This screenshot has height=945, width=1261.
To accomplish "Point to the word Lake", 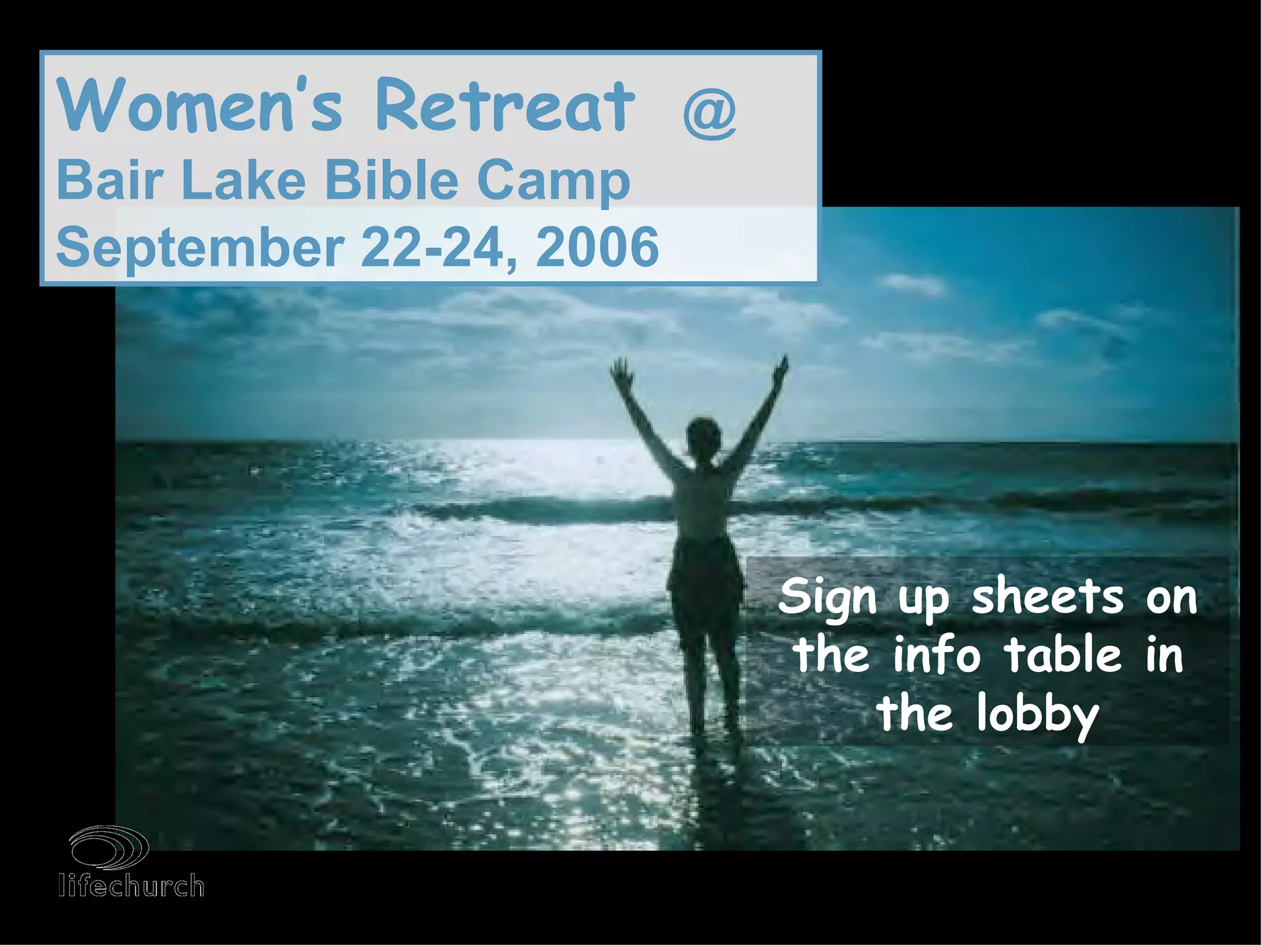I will [x=243, y=180].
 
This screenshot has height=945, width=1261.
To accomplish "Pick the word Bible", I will [x=392, y=180].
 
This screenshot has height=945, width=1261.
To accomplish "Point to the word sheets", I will [x=1047, y=597].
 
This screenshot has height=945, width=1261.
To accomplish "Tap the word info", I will [x=936, y=655].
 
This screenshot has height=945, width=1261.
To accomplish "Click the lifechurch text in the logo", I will [x=131, y=886].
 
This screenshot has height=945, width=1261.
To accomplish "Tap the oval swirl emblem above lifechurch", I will [x=110, y=847].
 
